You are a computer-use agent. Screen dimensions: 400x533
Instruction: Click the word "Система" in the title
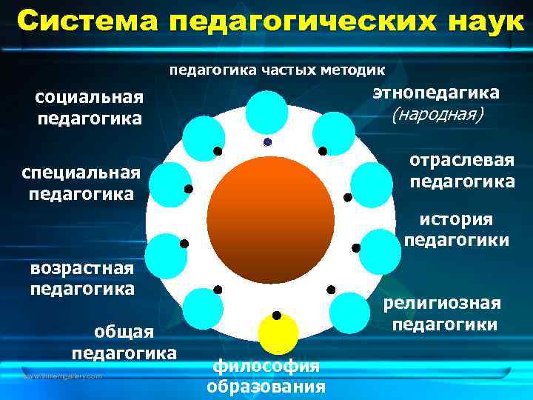pos(88,22)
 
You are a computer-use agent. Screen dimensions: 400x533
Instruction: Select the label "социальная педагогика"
pos(90,109)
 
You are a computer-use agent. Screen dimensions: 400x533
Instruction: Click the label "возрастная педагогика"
pos(82,278)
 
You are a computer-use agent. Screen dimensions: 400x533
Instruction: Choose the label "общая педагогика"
pos(124,343)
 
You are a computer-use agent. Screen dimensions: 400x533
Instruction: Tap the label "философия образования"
pos(266,376)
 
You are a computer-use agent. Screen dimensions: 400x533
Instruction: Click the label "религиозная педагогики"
pos(443,313)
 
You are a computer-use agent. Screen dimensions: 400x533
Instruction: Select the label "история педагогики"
pos(456,230)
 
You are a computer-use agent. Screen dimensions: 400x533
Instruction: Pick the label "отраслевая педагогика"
pos(462,171)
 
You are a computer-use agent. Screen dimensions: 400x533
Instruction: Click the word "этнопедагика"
pos(436,93)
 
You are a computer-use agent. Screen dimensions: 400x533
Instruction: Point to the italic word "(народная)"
pos(437,115)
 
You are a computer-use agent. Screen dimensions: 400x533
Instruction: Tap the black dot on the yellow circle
pos(276,316)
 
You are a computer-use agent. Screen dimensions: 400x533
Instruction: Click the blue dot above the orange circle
pos(267,142)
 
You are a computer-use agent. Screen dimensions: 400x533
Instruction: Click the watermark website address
pos(62,377)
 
